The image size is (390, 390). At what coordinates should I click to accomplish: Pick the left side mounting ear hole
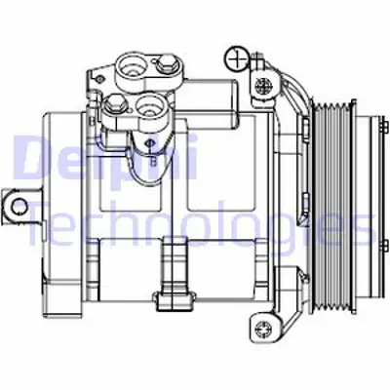point(16,205)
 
